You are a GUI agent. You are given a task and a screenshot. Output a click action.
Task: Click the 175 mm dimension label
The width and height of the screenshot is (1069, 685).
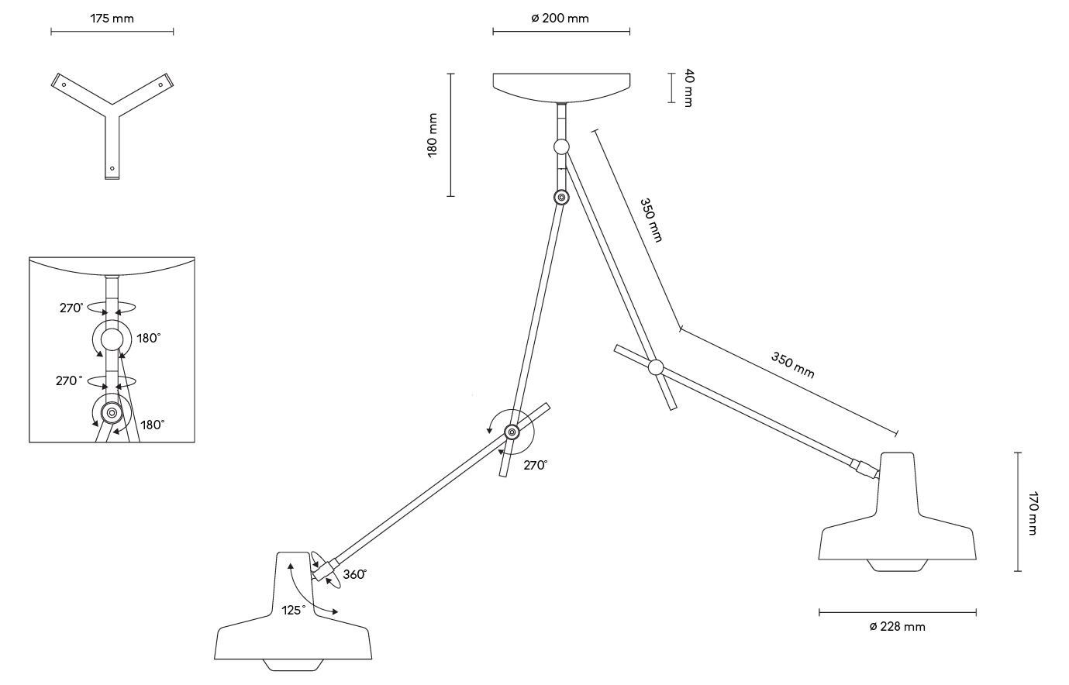pos(112,18)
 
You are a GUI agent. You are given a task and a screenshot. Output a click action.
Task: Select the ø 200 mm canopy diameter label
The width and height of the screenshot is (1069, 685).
pos(560,18)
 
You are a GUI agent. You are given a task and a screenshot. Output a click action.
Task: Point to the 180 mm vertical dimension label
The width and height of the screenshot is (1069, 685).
pos(433,135)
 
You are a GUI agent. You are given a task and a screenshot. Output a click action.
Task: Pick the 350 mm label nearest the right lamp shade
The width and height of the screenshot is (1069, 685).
pos(792,364)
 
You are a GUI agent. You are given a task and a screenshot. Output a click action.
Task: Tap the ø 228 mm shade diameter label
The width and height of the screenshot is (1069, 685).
pos(897,626)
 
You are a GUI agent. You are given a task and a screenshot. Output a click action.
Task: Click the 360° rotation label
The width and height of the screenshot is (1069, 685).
pos(354,574)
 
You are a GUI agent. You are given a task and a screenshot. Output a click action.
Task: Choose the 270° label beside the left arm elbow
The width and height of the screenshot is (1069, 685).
pos(535,465)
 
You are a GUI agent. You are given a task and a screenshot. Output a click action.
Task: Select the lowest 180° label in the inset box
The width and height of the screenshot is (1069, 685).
pos(152,425)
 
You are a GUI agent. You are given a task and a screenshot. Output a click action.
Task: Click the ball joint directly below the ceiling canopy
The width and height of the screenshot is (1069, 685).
pos(561,146)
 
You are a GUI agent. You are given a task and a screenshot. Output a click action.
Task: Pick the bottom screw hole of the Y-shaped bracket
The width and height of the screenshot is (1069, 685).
pos(112,168)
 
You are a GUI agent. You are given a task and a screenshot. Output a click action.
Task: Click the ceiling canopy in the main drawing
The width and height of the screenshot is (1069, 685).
pos(561,85)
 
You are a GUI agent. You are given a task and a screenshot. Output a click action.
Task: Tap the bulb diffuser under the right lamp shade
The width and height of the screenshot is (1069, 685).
pos(897,564)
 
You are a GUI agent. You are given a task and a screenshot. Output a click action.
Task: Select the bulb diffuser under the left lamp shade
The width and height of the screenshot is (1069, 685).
pos(292,665)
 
